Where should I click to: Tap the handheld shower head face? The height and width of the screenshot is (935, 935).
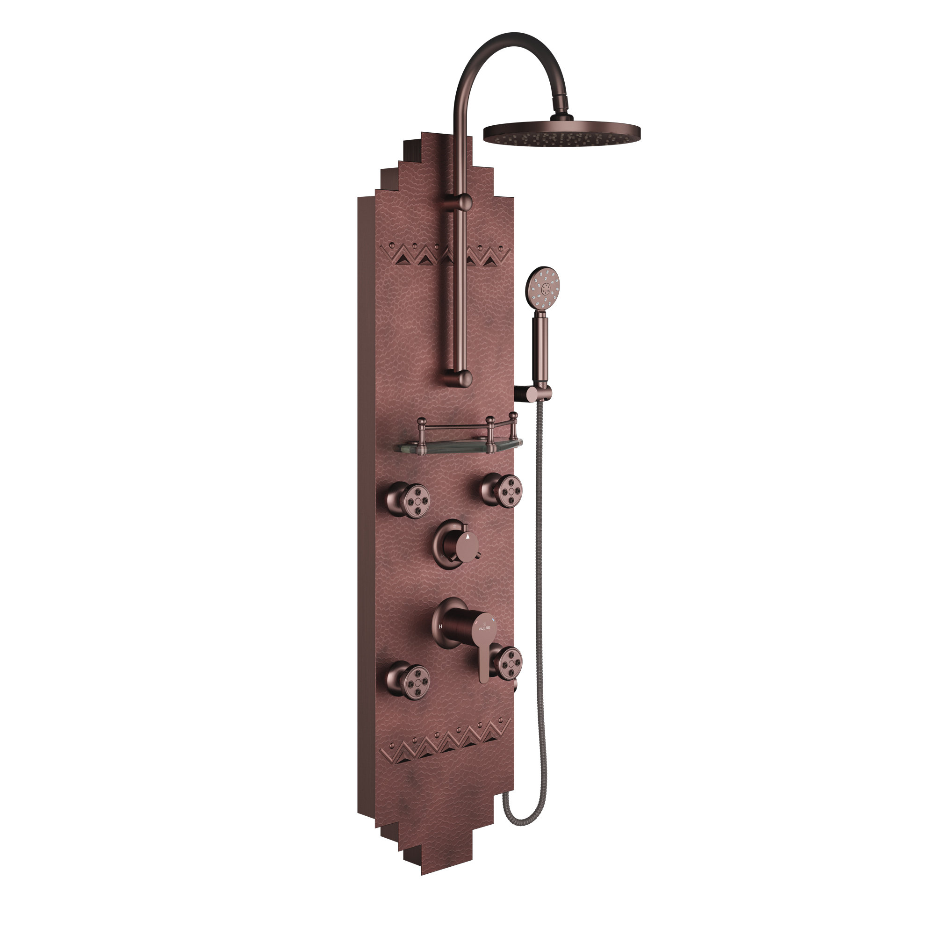tap(543, 289)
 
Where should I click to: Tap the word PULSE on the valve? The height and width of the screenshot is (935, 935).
tap(484, 628)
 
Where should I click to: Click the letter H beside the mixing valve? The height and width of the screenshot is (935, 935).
tap(440, 626)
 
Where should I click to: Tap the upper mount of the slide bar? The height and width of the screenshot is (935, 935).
tap(463, 202)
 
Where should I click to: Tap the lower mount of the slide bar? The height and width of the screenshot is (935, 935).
tap(463, 379)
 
